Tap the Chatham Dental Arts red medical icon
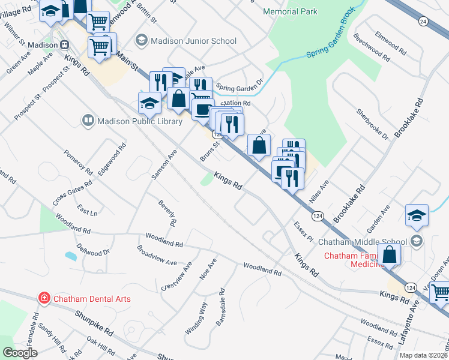pos(44,298)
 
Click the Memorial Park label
pos(291,11)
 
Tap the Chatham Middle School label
pos(363,241)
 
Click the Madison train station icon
pos(65,45)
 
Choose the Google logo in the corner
pos(20,353)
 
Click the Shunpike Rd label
pos(94,322)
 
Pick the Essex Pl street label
pos(304,230)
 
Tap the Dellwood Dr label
pos(94,249)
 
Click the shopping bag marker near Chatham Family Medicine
pos(390,254)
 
